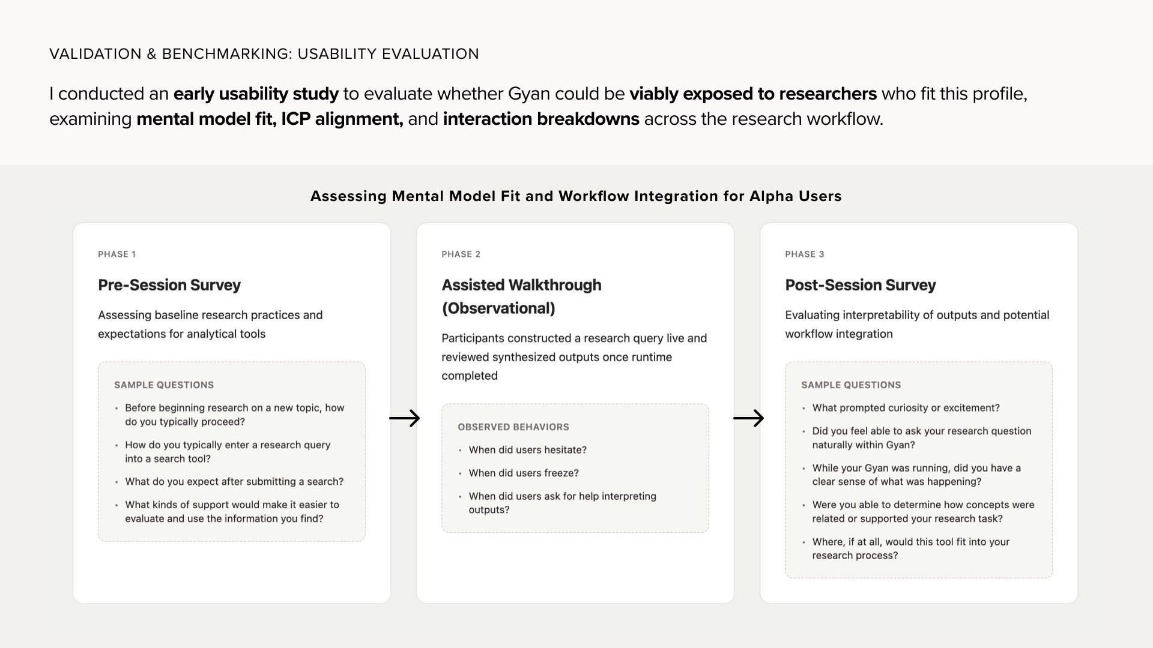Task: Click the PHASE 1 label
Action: click(117, 254)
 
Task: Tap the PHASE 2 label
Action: click(461, 254)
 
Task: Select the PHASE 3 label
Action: click(804, 254)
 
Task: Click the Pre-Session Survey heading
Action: click(169, 285)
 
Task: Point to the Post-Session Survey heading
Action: click(860, 285)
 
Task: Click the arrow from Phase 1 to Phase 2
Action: click(404, 418)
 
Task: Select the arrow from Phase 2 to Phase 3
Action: click(748, 418)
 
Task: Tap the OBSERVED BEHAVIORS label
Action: click(513, 427)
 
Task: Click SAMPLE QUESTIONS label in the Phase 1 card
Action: click(163, 385)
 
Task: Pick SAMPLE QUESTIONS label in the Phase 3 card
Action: click(851, 385)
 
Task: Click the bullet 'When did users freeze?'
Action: click(523, 473)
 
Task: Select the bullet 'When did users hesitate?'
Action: click(527, 450)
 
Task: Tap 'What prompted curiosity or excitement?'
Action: click(906, 408)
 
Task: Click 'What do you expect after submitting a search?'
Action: click(234, 482)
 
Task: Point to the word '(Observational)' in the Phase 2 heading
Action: click(498, 308)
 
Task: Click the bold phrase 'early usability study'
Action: click(256, 94)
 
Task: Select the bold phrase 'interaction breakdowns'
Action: click(540, 119)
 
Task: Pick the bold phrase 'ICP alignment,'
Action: click(342, 119)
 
